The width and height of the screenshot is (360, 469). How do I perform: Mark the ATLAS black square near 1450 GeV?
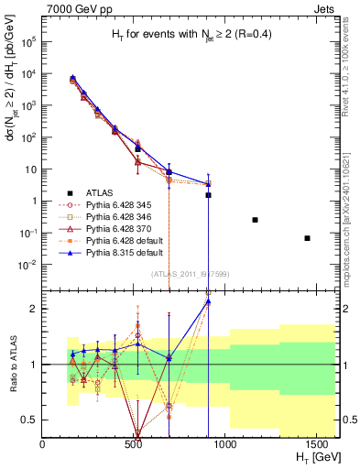(x=308, y=238)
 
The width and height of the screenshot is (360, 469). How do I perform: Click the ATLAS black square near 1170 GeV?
(x=255, y=220)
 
